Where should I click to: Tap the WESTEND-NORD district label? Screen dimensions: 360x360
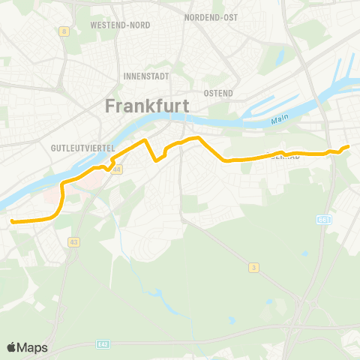click(120, 25)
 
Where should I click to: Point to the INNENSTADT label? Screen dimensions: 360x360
click(146, 76)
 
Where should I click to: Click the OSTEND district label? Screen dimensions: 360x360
click(218, 93)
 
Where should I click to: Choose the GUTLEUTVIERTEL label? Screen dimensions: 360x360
click(82, 148)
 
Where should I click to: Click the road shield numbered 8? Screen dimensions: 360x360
click(65, 31)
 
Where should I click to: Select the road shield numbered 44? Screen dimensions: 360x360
click(116, 169)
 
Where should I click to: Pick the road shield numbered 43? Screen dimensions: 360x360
click(73, 241)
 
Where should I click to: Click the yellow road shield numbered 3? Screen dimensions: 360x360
click(254, 267)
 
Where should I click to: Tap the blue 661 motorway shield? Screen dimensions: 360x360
click(323, 220)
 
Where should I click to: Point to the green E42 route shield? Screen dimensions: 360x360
click(103, 344)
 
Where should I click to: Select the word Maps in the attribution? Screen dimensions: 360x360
click(32, 348)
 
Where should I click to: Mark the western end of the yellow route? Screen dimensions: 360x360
click(12, 220)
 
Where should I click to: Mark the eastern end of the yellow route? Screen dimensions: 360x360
click(348, 147)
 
